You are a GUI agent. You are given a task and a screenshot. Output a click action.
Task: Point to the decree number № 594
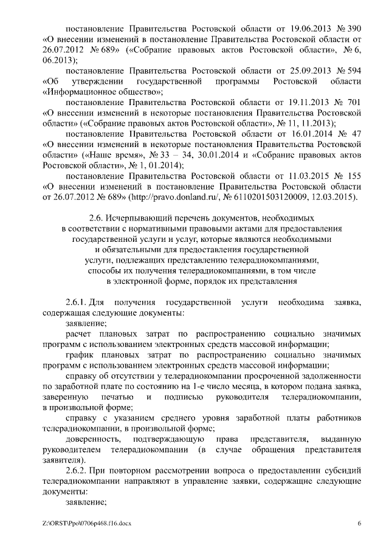pos(349,70)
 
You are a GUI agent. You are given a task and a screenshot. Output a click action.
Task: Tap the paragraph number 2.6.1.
pos(76,302)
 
